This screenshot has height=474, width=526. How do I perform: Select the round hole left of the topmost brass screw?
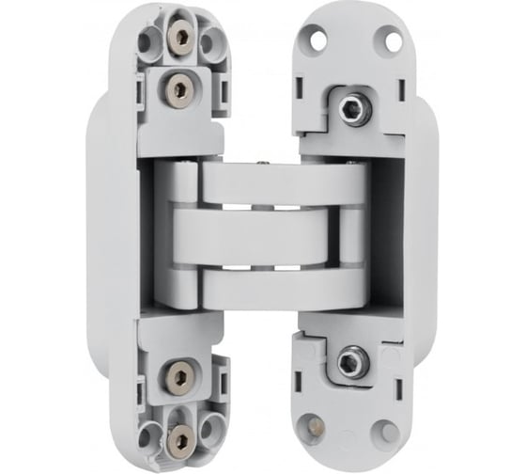[149, 41]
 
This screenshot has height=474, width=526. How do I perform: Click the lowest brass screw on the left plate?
[178, 434]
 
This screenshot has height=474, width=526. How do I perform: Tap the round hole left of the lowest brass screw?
[149, 434]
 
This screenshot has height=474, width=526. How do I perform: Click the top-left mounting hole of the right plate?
[317, 39]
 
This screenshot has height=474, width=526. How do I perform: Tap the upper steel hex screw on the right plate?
[354, 109]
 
